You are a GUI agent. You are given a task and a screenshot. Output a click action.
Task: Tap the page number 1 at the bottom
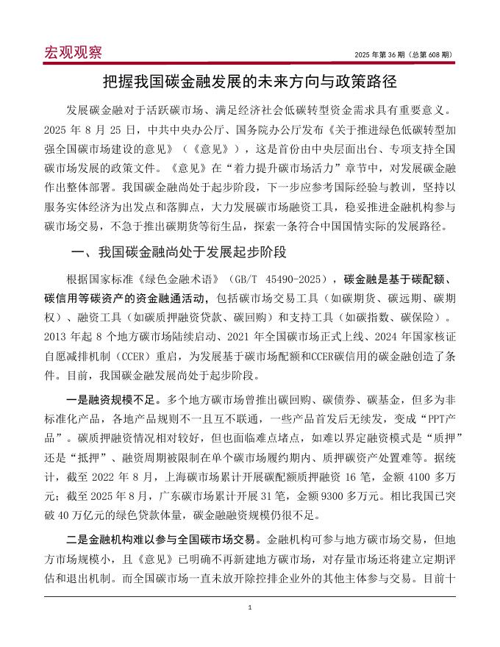coord(250,608)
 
